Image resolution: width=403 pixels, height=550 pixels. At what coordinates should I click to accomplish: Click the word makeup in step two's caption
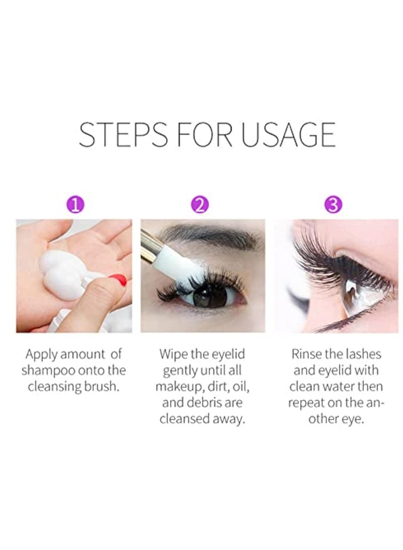[x=176, y=386]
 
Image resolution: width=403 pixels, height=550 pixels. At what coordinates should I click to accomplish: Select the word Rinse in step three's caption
[x=306, y=354]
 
